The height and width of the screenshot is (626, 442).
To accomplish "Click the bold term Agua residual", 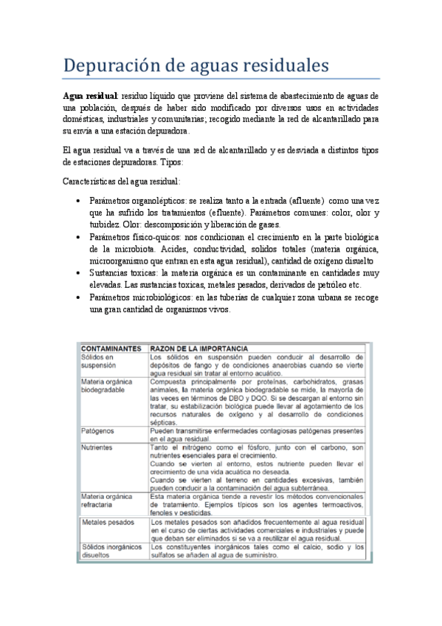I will (x=89, y=97).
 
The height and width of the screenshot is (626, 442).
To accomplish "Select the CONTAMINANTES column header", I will (x=111, y=348).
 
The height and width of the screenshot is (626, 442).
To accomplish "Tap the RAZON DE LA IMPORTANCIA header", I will (x=198, y=348).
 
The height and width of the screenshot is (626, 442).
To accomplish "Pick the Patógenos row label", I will (x=98, y=430).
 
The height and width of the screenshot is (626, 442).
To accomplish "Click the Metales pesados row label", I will (x=108, y=522).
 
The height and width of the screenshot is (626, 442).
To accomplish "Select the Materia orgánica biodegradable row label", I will (x=108, y=387).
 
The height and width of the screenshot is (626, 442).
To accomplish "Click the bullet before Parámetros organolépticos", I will (x=77, y=202).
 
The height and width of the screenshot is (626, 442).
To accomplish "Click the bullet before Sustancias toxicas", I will (x=77, y=272).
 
